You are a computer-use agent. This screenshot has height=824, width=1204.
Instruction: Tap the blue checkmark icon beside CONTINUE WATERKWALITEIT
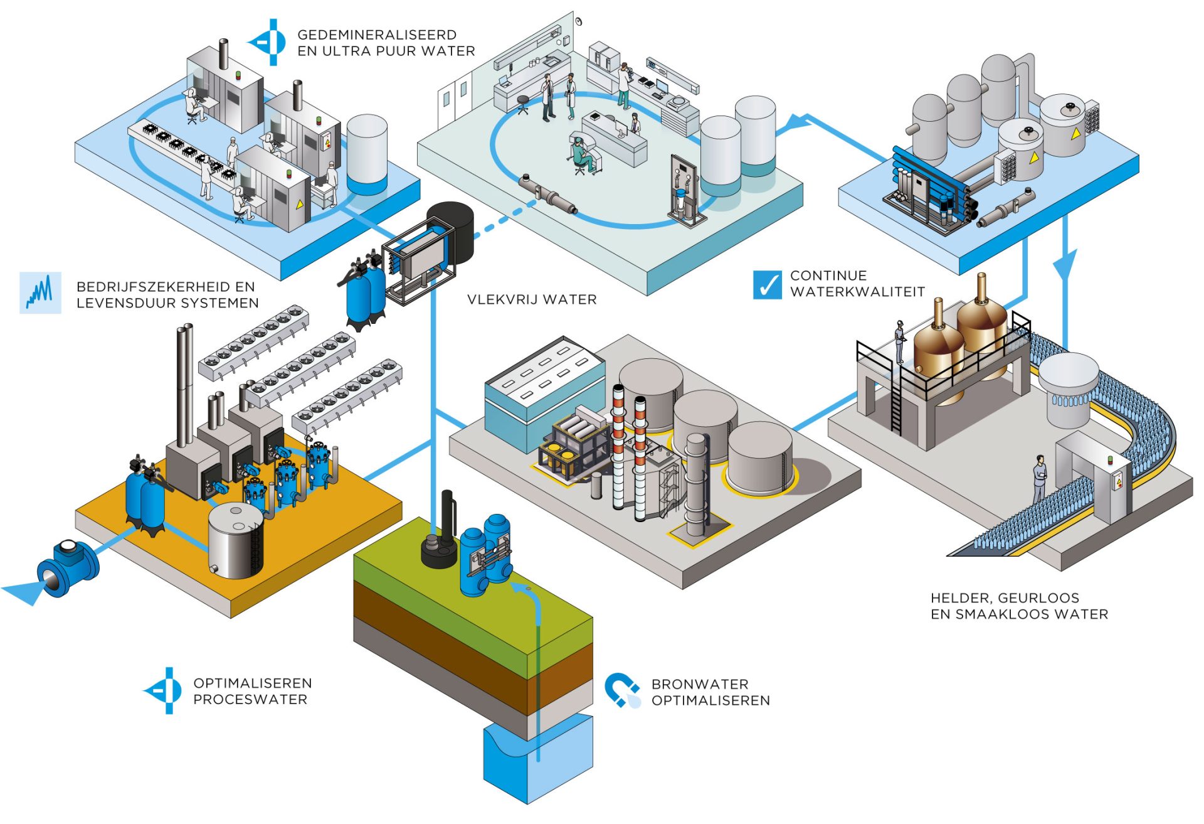(767, 285)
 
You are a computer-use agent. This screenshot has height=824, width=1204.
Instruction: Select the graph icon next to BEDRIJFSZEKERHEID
(40, 292)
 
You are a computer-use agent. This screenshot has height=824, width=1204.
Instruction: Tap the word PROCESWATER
(250, 700)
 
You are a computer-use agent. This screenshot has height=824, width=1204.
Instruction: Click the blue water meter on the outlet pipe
(63, 569)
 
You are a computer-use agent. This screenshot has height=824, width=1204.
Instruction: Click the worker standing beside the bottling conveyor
(1040, 478)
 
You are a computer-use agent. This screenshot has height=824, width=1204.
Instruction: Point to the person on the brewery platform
(900, 341)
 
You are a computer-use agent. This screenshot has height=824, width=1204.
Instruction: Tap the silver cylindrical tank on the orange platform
(235, 541)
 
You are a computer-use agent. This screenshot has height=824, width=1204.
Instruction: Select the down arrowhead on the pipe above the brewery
(1064, 264)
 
